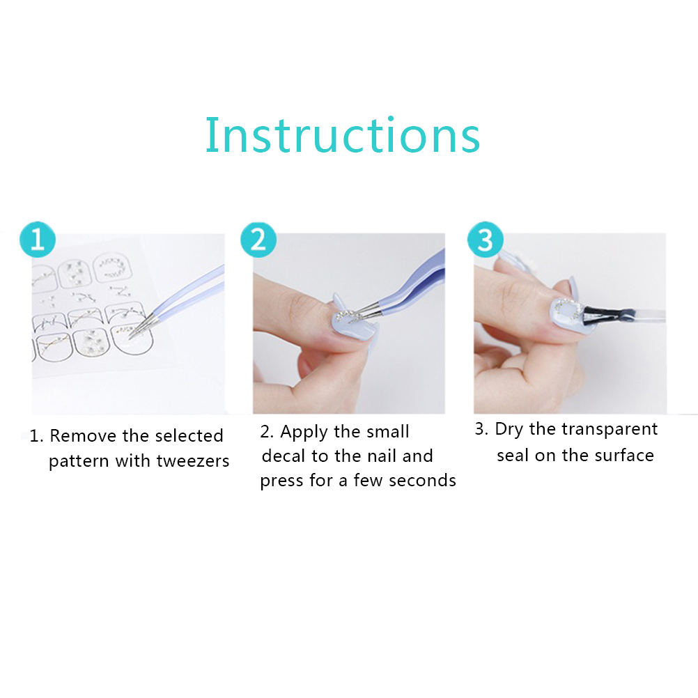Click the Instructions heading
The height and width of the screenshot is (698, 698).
[x=342, y=135]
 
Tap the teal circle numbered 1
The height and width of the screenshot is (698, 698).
[x=38, y=240]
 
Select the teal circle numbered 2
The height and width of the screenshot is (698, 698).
[x=258, y=240]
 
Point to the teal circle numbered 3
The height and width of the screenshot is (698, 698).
[x=486, y=240]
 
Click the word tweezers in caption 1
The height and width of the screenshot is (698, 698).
[x=193, y=461]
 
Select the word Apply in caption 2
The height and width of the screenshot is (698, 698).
[x=304, y=432]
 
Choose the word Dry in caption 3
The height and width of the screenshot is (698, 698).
[x=509, y=430]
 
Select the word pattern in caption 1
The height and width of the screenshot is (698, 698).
[x=79, y=462]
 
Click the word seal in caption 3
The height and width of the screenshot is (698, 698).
[x=513, y=456]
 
